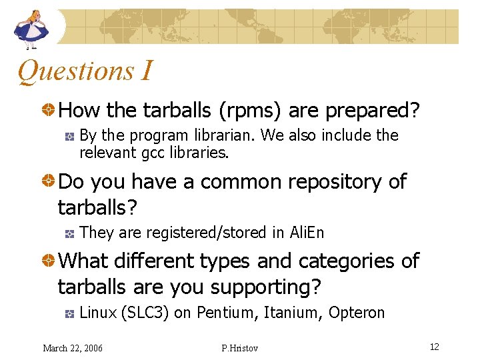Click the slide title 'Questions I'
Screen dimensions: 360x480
tap(85, 71)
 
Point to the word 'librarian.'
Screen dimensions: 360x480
tap(224, 135)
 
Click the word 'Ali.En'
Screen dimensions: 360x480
tap(307, 233)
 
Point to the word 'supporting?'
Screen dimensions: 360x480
tap(266, 287)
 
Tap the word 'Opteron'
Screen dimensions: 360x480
tap(357, 313)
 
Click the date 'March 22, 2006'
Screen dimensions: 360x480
tap(73, 347)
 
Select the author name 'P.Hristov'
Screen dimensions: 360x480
tap(239, 347)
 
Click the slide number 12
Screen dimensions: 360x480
tap(434, 347)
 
